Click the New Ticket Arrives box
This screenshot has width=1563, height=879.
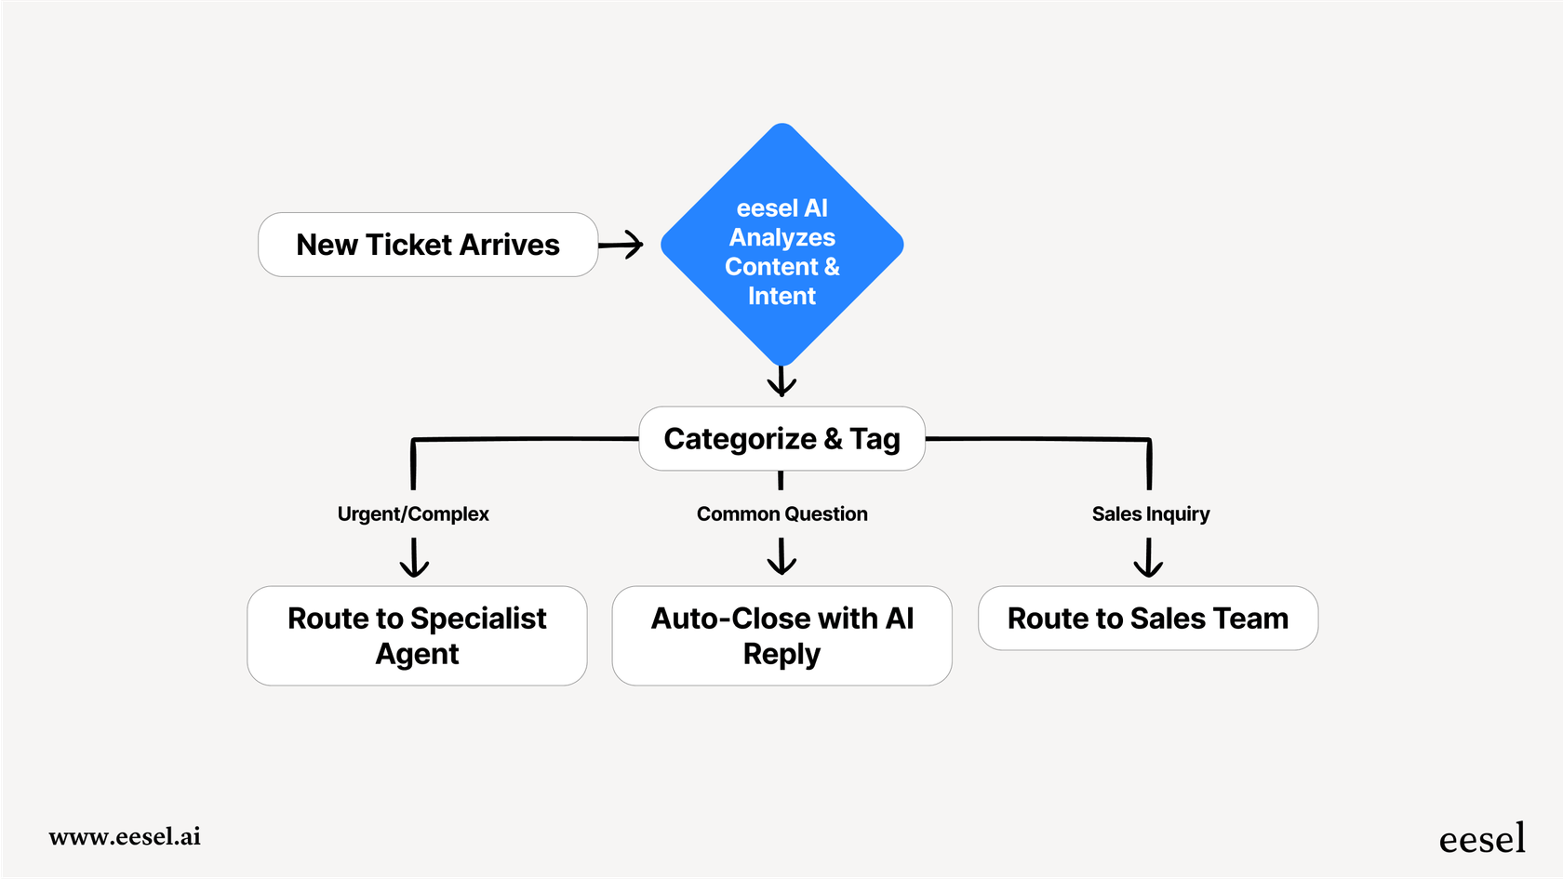tap(428, 245)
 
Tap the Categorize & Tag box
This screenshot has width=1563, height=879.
tap(781, 438)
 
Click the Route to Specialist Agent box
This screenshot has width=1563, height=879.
tap(417, 636)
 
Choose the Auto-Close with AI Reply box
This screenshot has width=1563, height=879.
tap(781, 636)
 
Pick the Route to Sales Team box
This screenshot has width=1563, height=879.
tap(1147, 619)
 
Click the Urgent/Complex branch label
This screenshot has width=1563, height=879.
tap(413, 513)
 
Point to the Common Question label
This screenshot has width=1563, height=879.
tap(781, 513)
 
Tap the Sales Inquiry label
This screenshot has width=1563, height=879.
tap(1151, 513)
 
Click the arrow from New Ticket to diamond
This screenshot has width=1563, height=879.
tap(621, 245)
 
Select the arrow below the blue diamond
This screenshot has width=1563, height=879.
tap(781, 380)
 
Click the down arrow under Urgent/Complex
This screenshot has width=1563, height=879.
tap(414, 558)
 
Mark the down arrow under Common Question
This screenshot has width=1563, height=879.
tap(781, 557)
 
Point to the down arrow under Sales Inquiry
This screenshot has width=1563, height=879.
tap(1148, 558)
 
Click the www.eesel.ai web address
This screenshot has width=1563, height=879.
tap(125, 836)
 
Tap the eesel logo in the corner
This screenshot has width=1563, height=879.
tap(1482, 839)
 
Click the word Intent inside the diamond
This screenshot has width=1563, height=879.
tap(781, 296)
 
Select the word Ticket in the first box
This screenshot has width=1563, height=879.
tap(408, 245)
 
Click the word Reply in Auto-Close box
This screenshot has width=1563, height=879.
tap(781, 654)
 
